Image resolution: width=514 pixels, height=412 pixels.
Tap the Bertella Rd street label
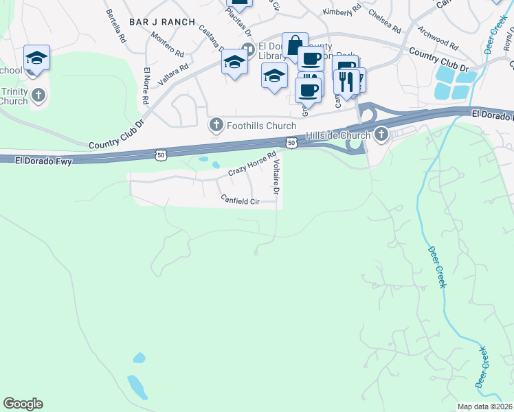[x=115, y=27]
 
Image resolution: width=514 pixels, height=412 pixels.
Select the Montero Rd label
[x=167, y=45]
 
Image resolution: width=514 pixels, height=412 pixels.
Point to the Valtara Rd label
[x=173, y=74]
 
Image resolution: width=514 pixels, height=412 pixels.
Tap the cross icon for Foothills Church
[x=216, y=125]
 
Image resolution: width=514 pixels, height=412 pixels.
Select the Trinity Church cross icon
[x=38, y=95]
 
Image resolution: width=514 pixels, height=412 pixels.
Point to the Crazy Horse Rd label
[x=252, y=163]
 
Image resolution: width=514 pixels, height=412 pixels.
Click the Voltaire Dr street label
[x=276, y=174]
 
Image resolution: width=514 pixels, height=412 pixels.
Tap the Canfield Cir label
[x=239, y=200]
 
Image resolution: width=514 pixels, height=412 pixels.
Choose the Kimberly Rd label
[x=342, y=12]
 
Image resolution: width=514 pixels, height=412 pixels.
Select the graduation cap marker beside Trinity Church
[x=36, y=57]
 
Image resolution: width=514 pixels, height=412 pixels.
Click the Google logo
[x=23, y=404]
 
